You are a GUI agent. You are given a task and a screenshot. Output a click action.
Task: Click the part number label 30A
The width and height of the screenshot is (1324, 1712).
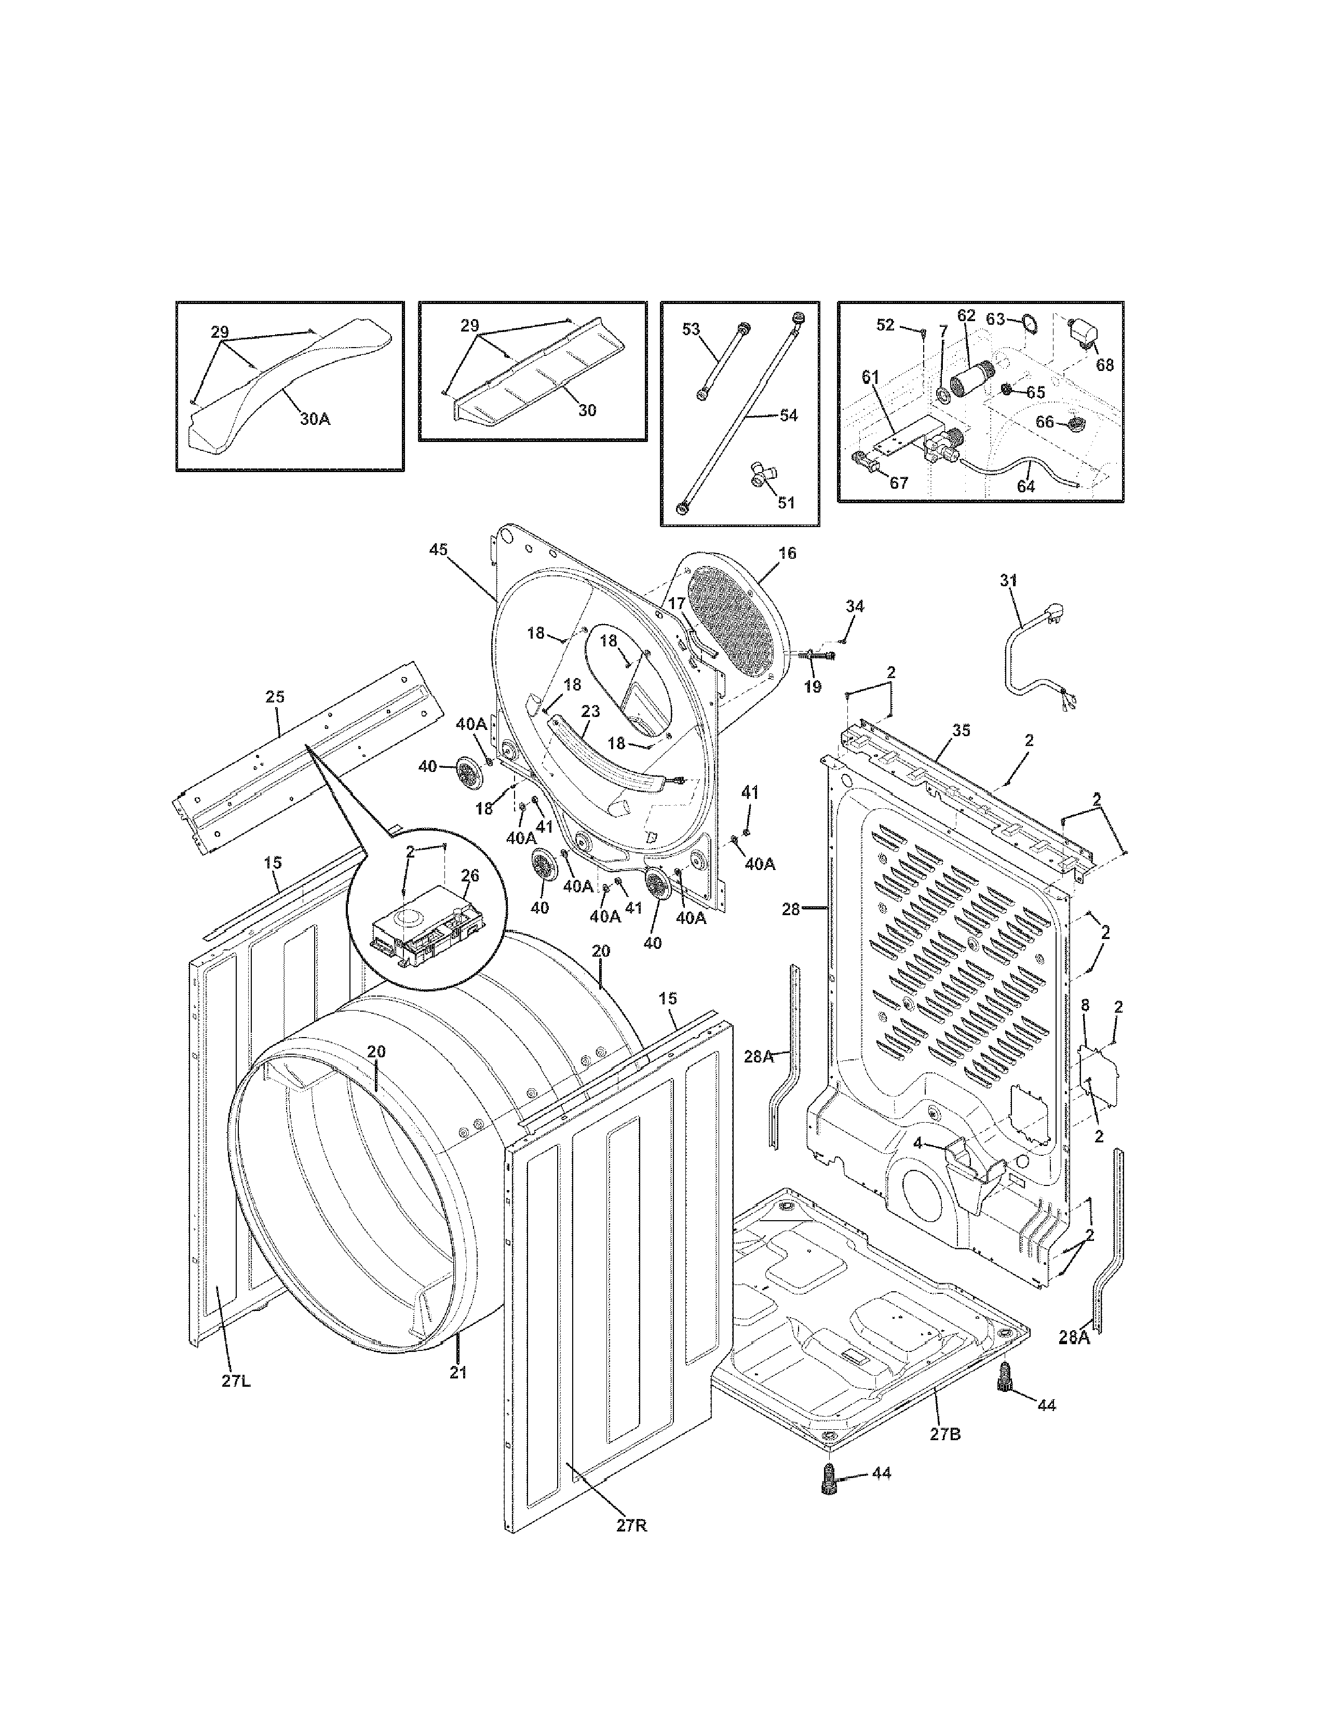[x=315, y=419]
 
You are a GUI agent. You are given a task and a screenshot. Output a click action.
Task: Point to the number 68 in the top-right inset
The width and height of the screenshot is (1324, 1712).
[x=1104, y=365]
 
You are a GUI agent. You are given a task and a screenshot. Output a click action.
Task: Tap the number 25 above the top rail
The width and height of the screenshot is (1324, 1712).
[x=275, y=697]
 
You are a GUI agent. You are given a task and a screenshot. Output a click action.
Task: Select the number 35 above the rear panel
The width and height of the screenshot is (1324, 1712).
[x=961, y=730]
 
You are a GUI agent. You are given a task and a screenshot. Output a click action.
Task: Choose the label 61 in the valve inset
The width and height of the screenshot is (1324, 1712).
[x=871, y=377]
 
